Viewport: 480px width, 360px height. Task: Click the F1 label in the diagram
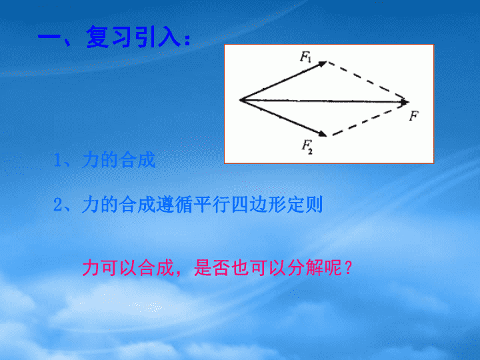pos(305,57)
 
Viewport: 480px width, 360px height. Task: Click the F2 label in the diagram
pos(307,147)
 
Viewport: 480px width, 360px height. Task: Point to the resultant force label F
pos(414,116)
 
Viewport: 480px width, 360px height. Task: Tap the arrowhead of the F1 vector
pos(323,64)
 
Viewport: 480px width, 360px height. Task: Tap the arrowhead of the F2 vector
pos(323,133)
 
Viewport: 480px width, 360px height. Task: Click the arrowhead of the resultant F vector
pos(405,102)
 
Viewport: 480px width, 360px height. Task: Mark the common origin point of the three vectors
pos(240,100)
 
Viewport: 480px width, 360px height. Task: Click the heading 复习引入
pos(134,37)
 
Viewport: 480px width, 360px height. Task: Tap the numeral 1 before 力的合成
pos(57,161)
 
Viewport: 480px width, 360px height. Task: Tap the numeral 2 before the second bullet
pos(57,205)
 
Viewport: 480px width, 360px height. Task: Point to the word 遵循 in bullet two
pos(175,205)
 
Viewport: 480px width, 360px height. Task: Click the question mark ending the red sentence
pos(348,268)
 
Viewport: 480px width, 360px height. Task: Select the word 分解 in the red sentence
pos(299,268)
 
